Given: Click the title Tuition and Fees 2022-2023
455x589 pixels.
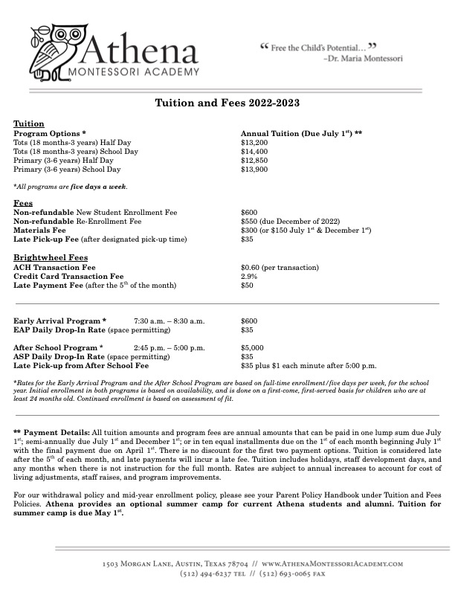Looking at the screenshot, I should [227, 103].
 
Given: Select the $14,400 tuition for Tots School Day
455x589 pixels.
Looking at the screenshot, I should [255, 150].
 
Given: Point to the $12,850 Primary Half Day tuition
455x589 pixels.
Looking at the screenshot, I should [255, 160].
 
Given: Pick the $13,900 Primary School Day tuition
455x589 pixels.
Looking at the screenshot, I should [255, 170].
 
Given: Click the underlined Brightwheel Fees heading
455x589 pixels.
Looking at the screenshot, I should [46, 257].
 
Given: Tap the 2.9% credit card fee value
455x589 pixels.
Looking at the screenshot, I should [249, 276].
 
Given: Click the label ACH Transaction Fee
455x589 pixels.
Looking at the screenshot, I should [54, 267].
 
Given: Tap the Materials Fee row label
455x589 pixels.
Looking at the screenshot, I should [39, 230].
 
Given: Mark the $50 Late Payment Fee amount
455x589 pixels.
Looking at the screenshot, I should [248, 285].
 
